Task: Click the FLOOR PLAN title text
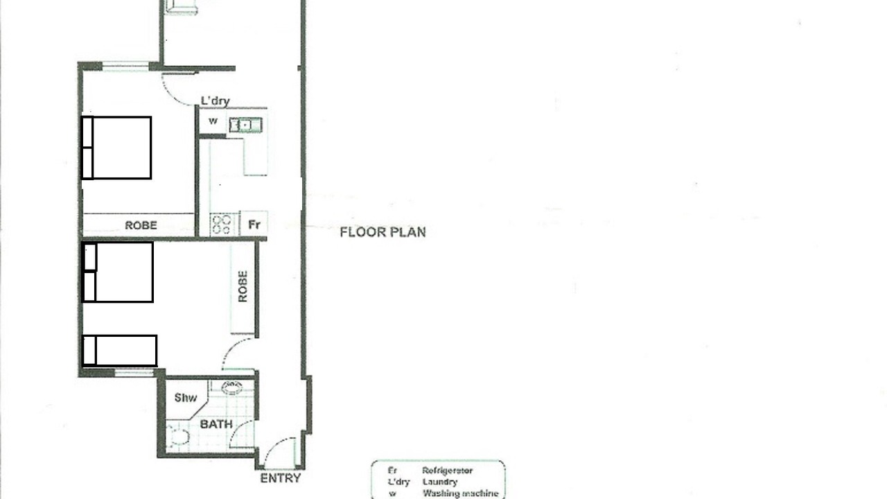pyautogui.click(x=383, y=232)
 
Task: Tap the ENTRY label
pyautogui.click(x=281, y=478)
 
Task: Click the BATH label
pyautogui.click(x=216, y=424)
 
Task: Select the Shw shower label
pyautogui.click(x=185, y=398)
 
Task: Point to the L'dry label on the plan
pyautogui.click(x=215, y=101)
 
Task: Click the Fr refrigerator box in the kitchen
pyautogui.click(x=254, y=224)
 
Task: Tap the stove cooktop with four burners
pyautogui.click(x=222, y=224)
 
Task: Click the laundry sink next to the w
pyautogui.click(x=245, y=125)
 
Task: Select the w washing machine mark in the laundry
pyautogui.click(x=213, y=121)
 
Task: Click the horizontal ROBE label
pyautogui.click(x=141, y=225)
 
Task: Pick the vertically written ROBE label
pyautogui.click(x=243, y=286)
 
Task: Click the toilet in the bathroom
pyautogui.click(x=178, y=437)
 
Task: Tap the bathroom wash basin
pyautogui.click(x=231, y=387)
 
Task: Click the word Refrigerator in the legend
pyautogui.click(x=448, y=471)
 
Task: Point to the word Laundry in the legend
pyautogui.click(x=440, y=482)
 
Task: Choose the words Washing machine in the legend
pyautogui.click(x=461, y=493)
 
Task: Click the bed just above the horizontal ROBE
pyautogui.click(x=116, y=148)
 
